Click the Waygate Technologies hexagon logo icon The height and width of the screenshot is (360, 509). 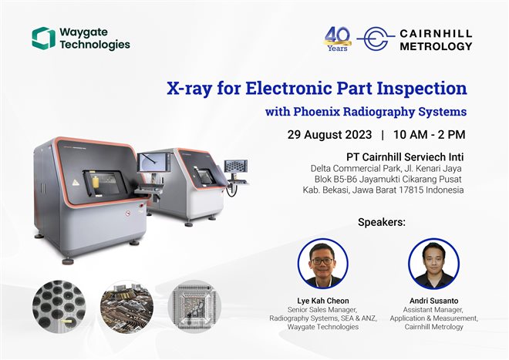click(43, 38)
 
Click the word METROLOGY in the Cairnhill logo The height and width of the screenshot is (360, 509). click(435, 46)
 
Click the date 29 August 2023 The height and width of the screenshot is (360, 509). click(327, 134)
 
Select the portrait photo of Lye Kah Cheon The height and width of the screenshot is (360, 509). click(322, 263)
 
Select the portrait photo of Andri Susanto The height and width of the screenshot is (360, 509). click(433, 263)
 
